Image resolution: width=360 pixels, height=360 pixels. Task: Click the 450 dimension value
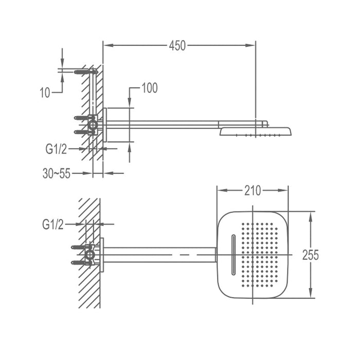pyautogui.click(x=177, y=46)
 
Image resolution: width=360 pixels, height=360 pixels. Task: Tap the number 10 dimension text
pyautogui.click(x=45, y=93)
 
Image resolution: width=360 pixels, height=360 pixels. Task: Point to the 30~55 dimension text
pyautogui.click(x=56, y=174)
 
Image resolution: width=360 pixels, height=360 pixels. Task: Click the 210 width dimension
pyautogui.click(x=252, y=191)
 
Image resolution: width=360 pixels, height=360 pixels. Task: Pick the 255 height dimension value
pyautogui.click(x=311, y=255)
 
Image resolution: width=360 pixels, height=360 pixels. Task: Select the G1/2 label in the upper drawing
pyautogui.click(x=56, y=149)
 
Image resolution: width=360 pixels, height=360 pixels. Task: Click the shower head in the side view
pyautogui.click(x=256, y=132)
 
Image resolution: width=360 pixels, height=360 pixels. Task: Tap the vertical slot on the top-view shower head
pyautogui.click(x=233, y=255)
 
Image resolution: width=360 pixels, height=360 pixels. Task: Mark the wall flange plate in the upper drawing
pyautogui.click(x=105, y=124)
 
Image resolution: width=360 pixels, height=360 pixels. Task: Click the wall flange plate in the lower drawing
pyautogui.click(x=102, y=255)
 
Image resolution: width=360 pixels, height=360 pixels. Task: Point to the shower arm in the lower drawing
pyautogui.click(x=159, y=255)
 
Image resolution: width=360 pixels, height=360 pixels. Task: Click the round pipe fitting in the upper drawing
pyautogui.click(x=92, y=124)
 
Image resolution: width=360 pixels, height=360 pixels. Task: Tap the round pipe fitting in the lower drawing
pyautogui.click(x=90, y=255)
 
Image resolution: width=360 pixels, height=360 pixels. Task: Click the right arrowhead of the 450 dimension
pyautogui.click(x=252, y=46)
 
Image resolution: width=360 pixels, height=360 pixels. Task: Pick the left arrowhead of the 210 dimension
pyautogui.click(x=221, y=191)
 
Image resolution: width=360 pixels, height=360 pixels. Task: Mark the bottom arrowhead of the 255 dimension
pyautogui.click(x=311, y=295)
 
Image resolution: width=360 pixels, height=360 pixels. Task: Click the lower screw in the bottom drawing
pyautogui.click(x=80, y=263)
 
